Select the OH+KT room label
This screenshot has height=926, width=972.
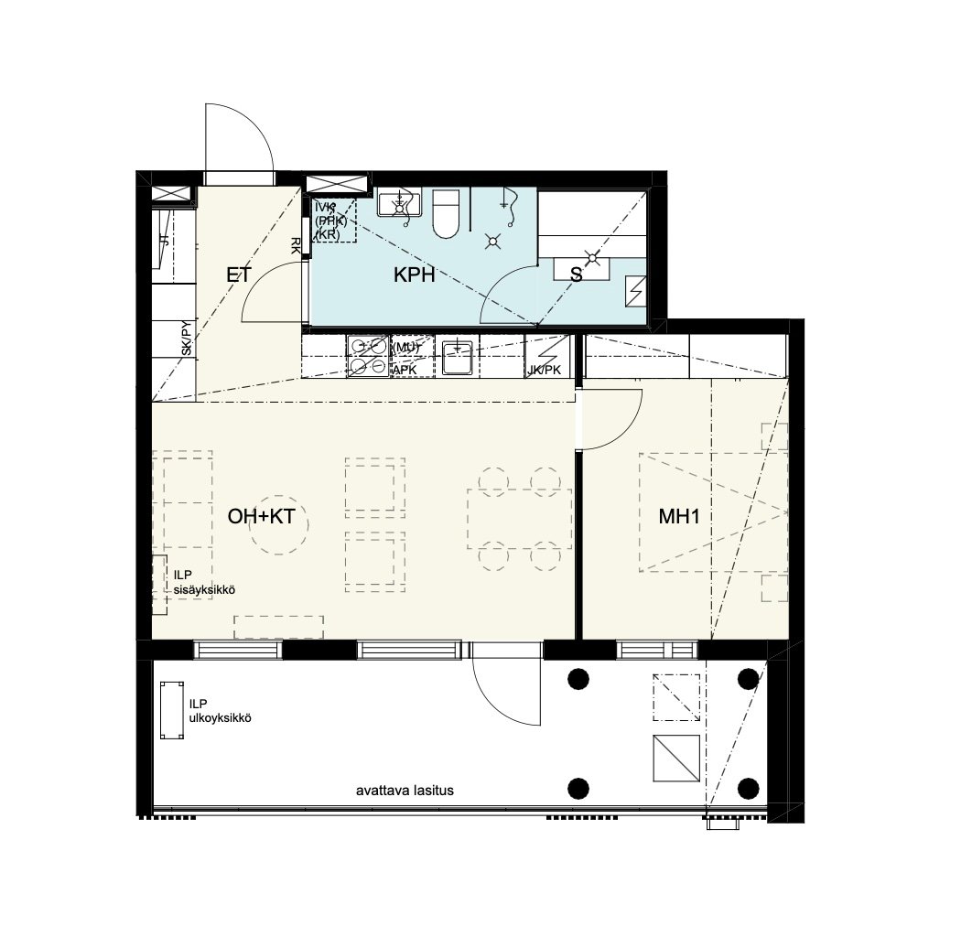(261, 517)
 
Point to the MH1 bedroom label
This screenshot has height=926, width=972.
(679, 517)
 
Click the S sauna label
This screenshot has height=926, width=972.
(576, 275)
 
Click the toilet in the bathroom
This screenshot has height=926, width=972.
(448, 214)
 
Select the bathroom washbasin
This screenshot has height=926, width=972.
(398, 204)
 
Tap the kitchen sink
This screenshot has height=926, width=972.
(457, 357)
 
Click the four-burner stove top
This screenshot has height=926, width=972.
(368, 357)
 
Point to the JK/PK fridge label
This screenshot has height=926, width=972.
(545, 370)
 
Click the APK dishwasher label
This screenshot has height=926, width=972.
(405, 370)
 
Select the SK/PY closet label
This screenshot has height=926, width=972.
(186, 339)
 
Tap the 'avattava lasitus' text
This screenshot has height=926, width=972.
(405, 791)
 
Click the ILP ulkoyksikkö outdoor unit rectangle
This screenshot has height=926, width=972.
(171, 712)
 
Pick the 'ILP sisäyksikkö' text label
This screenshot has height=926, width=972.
(204, 583)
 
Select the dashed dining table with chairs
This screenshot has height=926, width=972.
(519, 518)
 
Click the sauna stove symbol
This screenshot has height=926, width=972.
(634, 291)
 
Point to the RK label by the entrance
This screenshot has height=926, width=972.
(296, 245)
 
